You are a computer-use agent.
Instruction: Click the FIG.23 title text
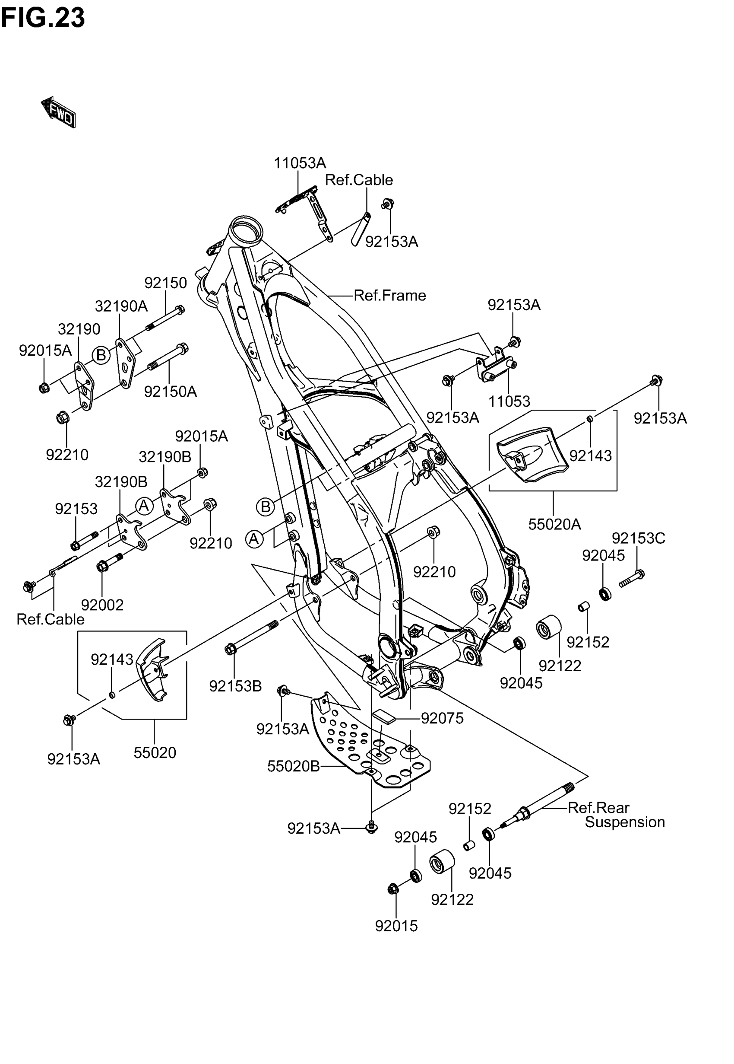[43, 18]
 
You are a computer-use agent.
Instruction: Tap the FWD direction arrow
[58, 112]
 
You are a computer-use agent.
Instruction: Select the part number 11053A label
[299, 163]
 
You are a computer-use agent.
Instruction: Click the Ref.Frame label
[389, 296]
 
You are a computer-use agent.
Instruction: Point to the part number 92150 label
[165, 283]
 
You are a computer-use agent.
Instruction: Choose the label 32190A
[121, 306]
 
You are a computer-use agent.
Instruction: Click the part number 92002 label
[102, 605]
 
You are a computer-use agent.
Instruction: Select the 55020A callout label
[554, 524]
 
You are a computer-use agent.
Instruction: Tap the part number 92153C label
[638, 538]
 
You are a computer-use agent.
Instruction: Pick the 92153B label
[235, 686]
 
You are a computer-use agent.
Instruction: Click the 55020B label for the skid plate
[294, 766]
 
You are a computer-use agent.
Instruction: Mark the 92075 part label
[442, 718]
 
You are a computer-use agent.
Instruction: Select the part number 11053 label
[509, 401]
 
